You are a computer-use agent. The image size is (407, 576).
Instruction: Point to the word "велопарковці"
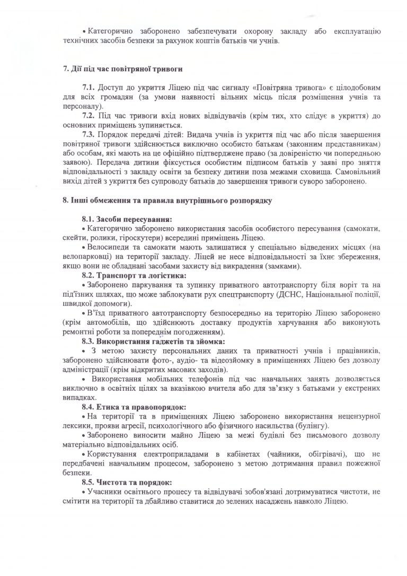82,257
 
